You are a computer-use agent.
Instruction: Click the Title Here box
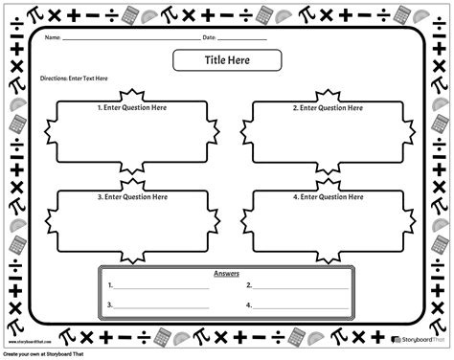(x=226, y=60)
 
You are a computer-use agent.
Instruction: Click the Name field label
(x=54, y=38)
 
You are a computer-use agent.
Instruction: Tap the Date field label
(x=209, y=38)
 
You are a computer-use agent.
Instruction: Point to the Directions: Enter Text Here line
(x=74, y=79)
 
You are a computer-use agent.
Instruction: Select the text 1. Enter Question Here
(x=132, y=109)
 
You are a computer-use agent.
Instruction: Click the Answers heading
(x=226, y=273)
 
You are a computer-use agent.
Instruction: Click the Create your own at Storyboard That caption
(x=57, y=354)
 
